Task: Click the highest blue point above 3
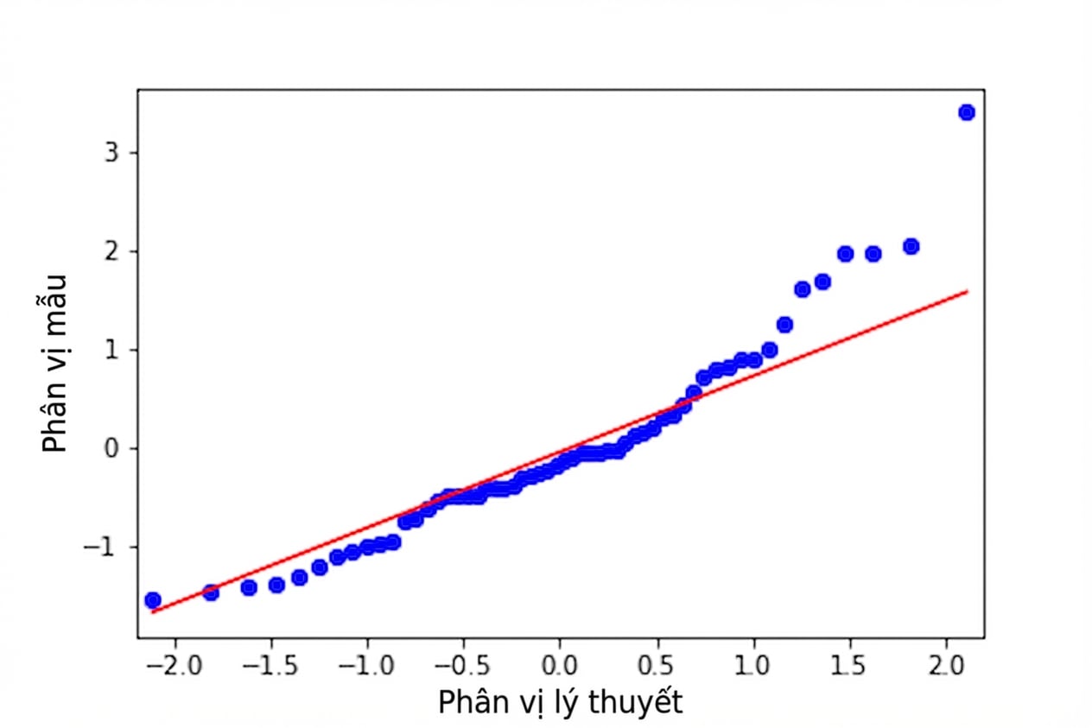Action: coord(966,112)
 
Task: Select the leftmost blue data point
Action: coord(153,600)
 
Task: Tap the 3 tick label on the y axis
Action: coord(111,153)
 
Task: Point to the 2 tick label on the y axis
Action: coord(111,251)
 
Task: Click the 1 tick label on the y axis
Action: coord(111,350)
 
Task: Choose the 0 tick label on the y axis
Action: coord(111,448)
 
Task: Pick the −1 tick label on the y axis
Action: coord(100,547)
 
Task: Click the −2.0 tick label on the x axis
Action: coord(174,666)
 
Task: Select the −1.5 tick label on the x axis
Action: coord(270,666)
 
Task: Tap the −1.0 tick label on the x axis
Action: coord(366,666)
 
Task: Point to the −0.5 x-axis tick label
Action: coord(463,666)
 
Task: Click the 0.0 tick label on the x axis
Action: coord(560,666)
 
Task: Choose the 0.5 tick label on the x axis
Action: coord(657,666)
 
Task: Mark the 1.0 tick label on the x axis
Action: coord(752,666)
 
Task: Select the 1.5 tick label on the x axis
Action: coord(848,666)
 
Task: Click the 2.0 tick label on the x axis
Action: coord(946,666)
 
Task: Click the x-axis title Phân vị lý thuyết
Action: coord(560,702)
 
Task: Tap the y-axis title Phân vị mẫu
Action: coord(54,364)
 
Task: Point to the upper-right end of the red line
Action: coord(968,291)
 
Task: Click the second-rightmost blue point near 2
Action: coord(873,254)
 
